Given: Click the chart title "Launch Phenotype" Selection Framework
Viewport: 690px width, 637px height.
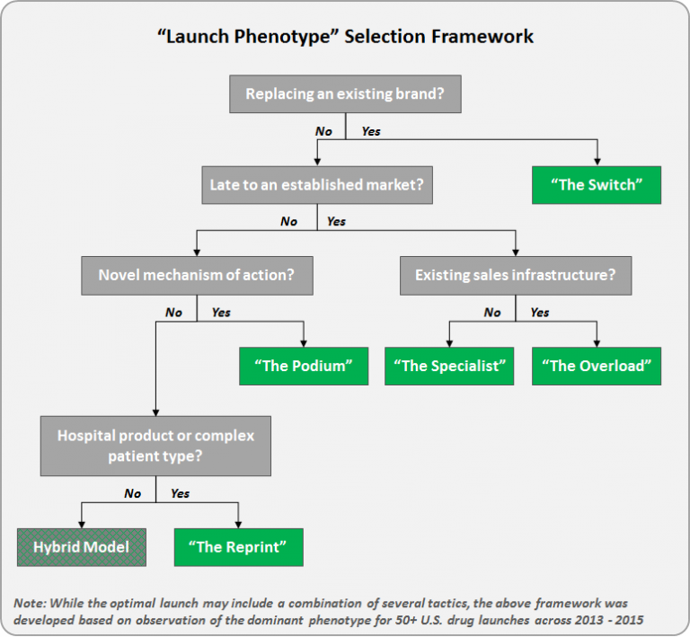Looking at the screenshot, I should pos(345,37).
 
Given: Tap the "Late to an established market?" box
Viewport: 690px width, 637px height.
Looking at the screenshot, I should pos(315,185).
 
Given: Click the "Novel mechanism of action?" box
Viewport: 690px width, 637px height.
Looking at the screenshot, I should pos(197,275).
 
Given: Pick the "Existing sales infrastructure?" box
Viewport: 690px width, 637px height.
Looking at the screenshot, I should pos(515,275).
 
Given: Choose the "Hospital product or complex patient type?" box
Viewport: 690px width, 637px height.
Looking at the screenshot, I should pos(156,446).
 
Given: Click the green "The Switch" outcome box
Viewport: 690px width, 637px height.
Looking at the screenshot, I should pos(597,185).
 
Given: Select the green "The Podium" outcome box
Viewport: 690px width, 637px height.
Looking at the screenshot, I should pos(304,366).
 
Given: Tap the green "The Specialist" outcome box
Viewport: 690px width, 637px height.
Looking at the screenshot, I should pos(449,366).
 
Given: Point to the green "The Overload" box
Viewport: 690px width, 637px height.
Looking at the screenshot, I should pos(597,366).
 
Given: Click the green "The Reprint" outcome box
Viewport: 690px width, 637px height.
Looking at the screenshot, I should pos(239,546).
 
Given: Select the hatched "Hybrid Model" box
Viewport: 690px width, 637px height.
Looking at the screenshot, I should pos(81,546).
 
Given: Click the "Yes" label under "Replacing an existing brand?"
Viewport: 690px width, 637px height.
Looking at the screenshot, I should pos(370,131).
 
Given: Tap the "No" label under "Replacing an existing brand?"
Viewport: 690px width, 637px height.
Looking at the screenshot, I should pos(323,131).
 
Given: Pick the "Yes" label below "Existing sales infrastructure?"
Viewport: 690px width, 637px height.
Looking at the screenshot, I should pos(540,313).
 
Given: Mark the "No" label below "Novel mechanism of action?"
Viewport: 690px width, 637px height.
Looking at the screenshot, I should pos(173,313).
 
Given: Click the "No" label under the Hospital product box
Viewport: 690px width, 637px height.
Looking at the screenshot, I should pos(132,493).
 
